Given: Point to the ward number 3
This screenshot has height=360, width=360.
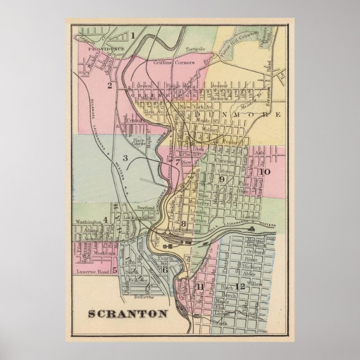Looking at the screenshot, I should pos(126,158).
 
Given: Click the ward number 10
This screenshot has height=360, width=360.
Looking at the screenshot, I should pos(264,172).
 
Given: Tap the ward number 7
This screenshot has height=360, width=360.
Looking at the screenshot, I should pos(177,163).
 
